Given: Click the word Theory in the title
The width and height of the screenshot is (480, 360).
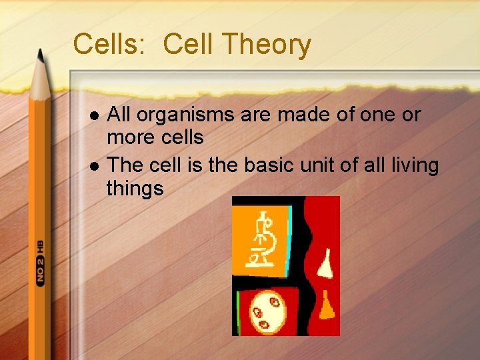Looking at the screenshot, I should tap(266, 45).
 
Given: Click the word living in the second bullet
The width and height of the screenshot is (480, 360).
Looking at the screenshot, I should tap(411, 164).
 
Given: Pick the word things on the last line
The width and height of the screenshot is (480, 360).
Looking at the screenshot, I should tap(135, 189).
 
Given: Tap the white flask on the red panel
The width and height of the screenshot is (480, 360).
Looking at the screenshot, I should tap(325, 264).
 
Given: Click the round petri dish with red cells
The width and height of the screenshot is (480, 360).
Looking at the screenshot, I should tap(267, 311).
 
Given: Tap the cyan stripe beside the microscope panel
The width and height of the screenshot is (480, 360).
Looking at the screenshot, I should tap(289, 240).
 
